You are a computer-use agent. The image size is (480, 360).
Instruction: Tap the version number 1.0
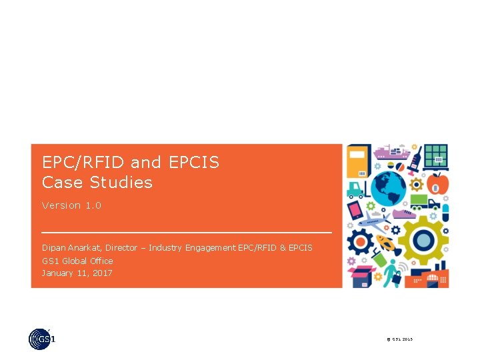pos(93,205)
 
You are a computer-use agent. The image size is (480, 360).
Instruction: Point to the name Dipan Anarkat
pos(71,247)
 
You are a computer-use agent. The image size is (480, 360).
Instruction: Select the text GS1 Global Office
pos(77,261)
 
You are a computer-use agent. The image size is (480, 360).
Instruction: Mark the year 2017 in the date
pos(101,273)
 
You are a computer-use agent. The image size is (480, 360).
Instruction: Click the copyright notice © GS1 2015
pos(400,340)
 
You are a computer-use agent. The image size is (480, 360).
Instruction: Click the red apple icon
pos(437,181)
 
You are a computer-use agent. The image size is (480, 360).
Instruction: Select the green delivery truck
pos(424,202)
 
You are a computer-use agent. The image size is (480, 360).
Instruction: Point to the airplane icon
pos(377,219)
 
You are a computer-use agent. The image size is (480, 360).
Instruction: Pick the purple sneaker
pos(405,214)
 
